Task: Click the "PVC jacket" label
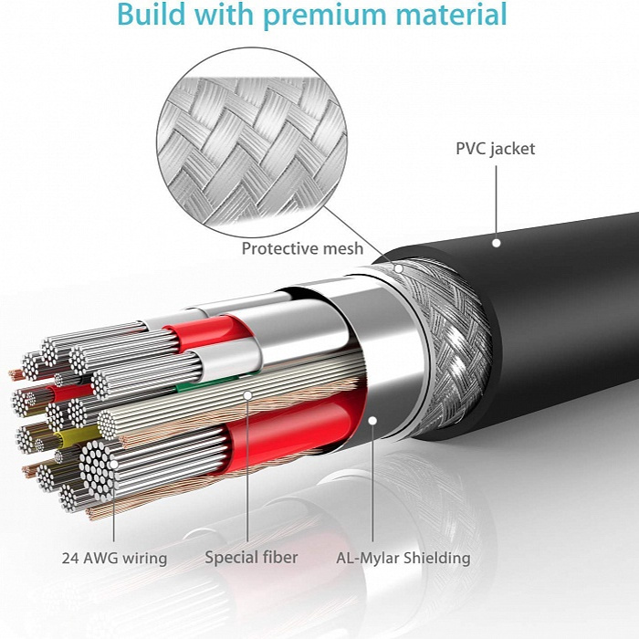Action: [495, 149]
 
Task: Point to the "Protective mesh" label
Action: [302, 248]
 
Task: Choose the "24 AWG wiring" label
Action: [114, 558]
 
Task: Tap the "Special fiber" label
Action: [251, 558]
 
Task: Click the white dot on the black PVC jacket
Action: [497, 243]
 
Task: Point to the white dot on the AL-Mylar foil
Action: [372, 420]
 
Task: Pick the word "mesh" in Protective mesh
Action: [343, 248]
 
